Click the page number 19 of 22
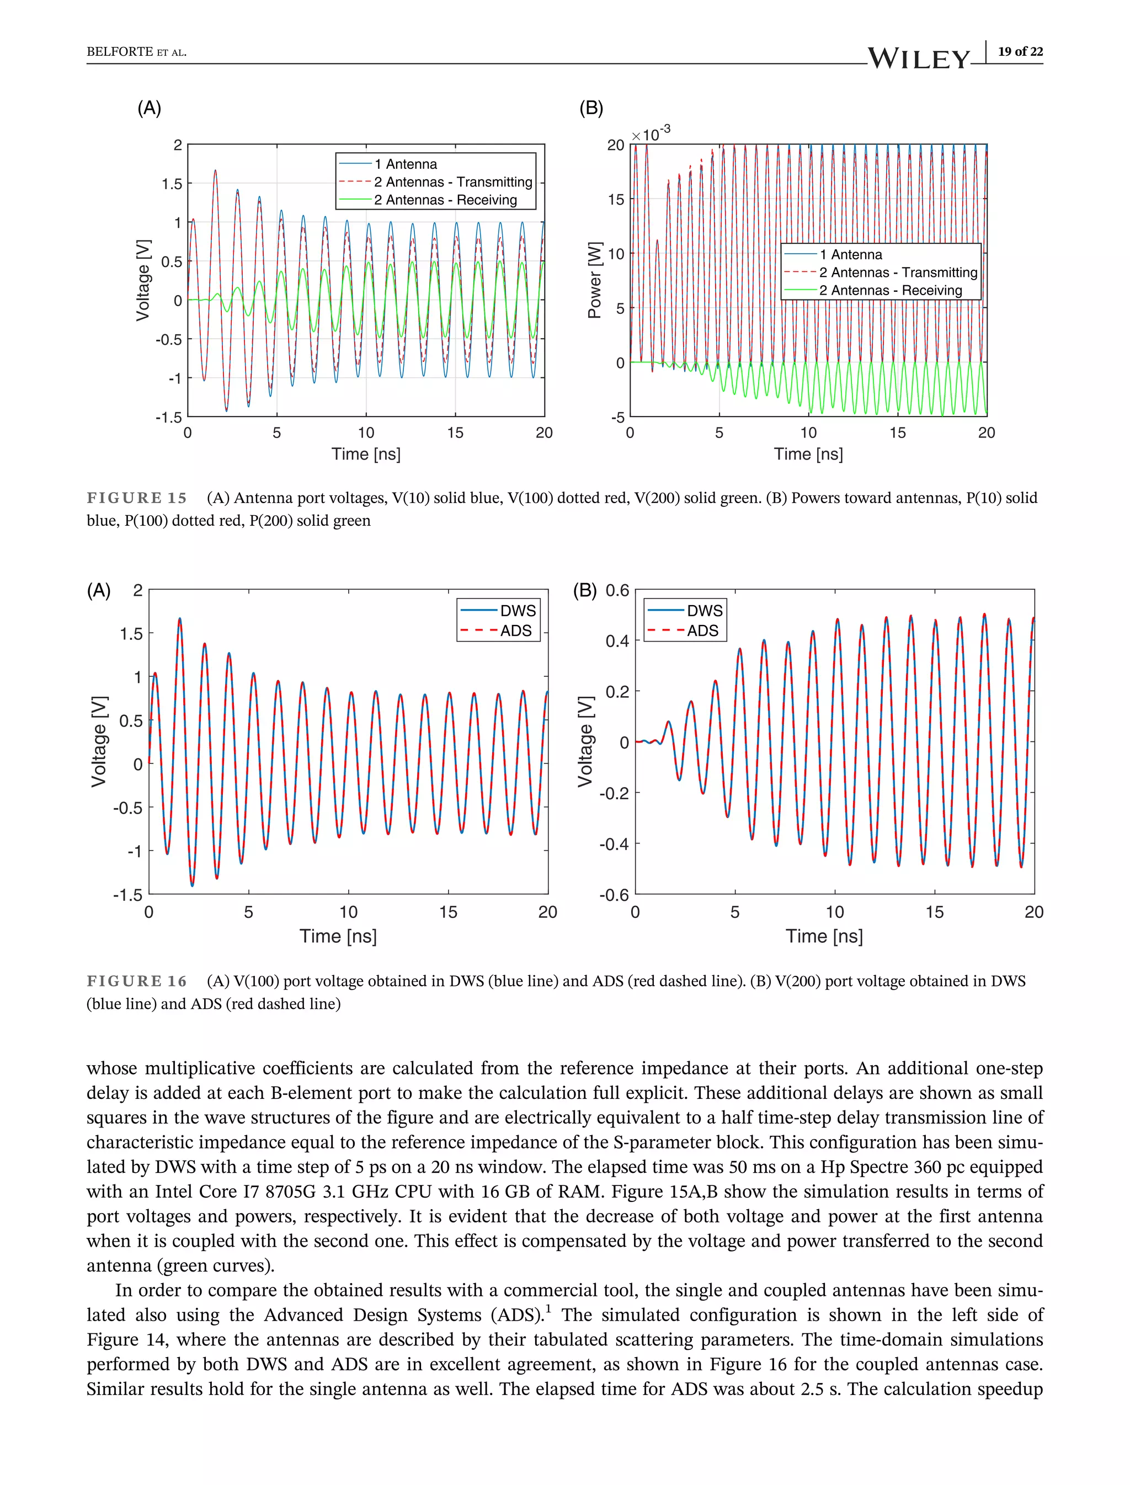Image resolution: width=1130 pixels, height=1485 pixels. (x=1020, y=51)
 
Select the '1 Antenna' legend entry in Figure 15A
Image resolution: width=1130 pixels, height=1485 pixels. (x=406, y=164)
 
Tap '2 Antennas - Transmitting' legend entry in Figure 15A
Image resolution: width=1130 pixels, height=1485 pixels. (x=452, y=182)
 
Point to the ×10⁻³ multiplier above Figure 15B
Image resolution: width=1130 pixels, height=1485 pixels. (x=651, y=133)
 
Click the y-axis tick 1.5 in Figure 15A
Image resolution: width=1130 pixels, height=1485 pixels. (x=172, y=184)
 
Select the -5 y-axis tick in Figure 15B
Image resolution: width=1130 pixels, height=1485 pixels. (x=617, y=418)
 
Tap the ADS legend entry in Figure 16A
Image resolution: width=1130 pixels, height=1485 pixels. (x=515, y=631)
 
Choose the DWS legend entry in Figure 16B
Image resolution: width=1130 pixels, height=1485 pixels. (x=703, y=611)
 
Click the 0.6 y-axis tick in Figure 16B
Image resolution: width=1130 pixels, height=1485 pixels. (x=617, y=590)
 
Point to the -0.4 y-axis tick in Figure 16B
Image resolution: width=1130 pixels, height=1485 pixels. (x=614, y=844)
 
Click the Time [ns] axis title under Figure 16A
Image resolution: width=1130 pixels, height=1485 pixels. (x=338, y=936)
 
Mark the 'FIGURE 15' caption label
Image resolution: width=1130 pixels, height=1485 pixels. (x=136, y=498)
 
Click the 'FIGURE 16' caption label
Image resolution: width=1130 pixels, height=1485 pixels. (x=136, y=981)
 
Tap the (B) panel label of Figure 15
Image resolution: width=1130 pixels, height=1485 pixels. (x=591, y=108)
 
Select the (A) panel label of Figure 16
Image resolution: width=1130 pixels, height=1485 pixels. (x=99, y=590)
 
